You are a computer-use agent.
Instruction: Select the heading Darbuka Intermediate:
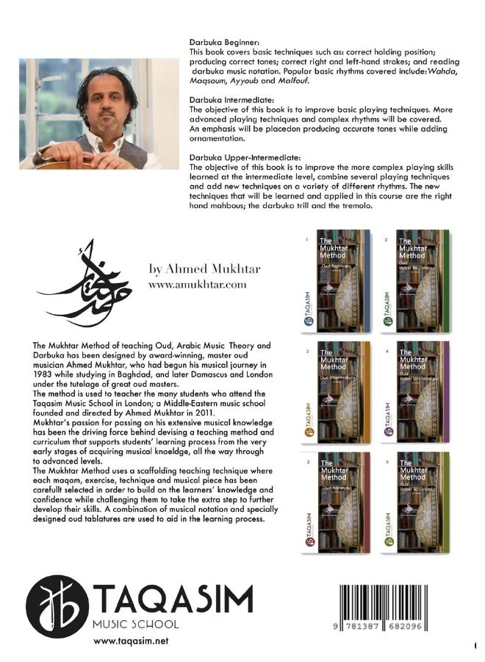(x=223, y=96)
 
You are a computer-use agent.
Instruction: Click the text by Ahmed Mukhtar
(x=204, y=269)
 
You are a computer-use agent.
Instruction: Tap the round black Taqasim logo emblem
(x=57, y=607)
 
